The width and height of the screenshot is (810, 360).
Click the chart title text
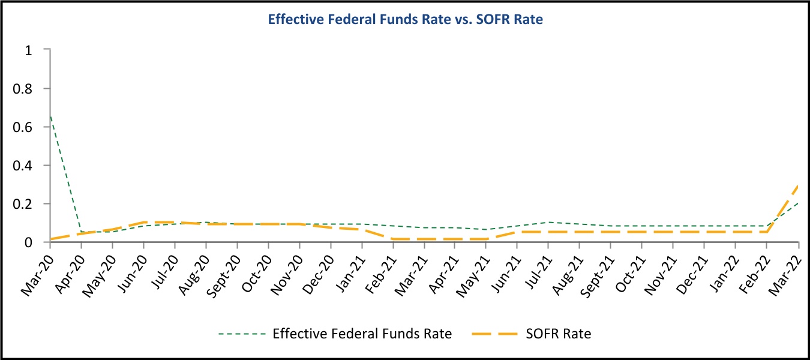click(x=405, y=19)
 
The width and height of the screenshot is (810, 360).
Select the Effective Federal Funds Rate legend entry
click(x=362, y=334)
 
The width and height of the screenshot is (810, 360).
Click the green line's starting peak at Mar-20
click(x=50, y=115)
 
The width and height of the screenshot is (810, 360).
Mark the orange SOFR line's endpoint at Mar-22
click(x=799, y=185)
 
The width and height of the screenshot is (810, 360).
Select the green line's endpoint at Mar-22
click(x=799, y=203)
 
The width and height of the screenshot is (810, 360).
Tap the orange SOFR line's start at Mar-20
click(x=50, y=239)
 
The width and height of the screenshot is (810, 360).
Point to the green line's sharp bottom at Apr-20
click(x=82, y=232)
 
